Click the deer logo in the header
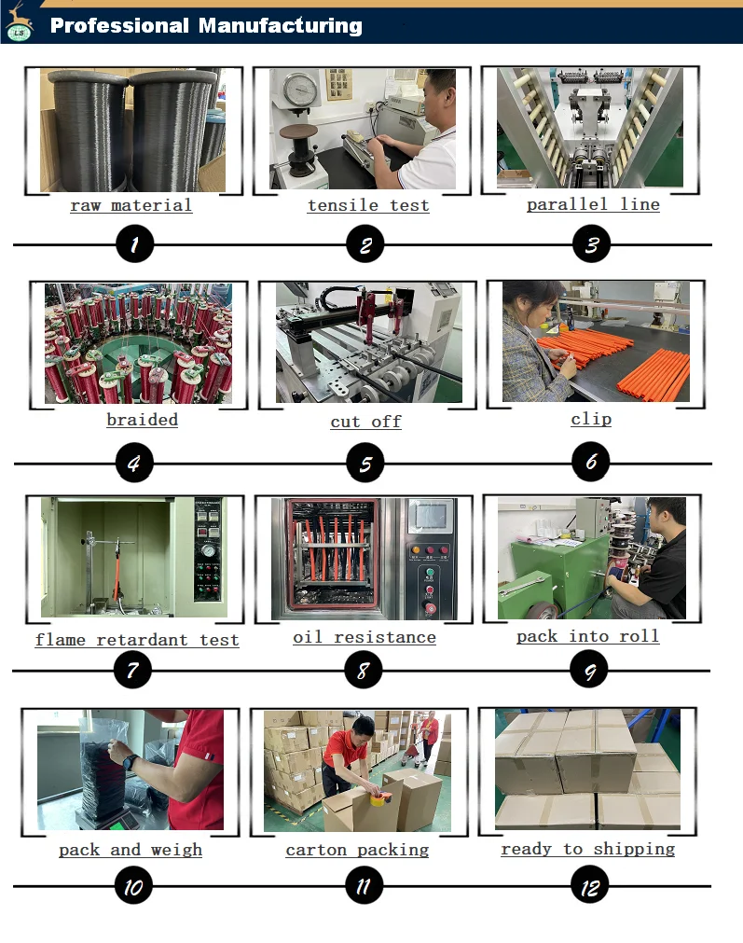point(18,23)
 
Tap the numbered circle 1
point(134,244)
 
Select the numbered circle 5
point(365,463)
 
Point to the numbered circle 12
point(590,885)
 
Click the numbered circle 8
point(363,670)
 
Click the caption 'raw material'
point(131,206)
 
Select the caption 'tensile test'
point(368,206)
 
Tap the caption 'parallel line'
point(593,205)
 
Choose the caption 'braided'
point(143,420)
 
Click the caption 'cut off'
point(366,423)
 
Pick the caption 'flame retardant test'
point(137,640)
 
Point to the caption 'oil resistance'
point(365,637)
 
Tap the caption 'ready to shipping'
point(588,849)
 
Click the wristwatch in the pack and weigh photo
point(130,762)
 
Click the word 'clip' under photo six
point(592,419)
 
